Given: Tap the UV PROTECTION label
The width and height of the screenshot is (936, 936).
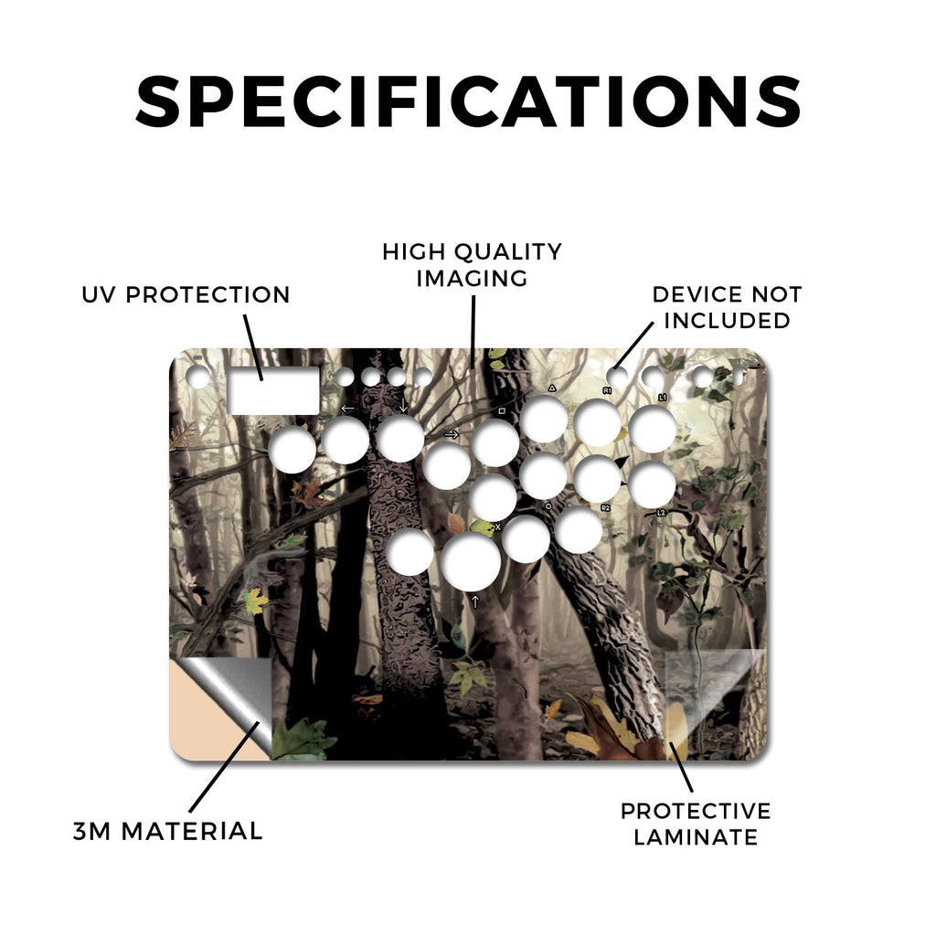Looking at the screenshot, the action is coord(186,295).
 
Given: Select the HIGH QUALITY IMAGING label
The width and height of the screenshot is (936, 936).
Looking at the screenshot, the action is coord(472,265).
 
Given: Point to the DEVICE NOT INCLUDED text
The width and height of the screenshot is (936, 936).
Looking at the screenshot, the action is coord(727,307).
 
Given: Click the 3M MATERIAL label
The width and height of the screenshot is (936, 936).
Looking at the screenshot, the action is coord(167,831).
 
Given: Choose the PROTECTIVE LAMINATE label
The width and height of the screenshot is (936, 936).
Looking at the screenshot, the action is coord(696,824).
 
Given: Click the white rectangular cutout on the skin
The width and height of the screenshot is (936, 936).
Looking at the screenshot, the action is coord(273,391).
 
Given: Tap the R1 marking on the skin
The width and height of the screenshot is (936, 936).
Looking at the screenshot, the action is coord(607,390).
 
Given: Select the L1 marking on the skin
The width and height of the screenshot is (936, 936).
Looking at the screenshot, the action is coord(662,397).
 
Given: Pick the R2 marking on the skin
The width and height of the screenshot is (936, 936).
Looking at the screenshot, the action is coord(605,508).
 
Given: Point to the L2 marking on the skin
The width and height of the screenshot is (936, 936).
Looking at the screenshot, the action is coord(661,513).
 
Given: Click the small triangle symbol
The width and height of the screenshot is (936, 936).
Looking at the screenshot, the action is coord(552,388).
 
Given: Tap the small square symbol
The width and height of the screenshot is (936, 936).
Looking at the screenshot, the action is coord(502,411).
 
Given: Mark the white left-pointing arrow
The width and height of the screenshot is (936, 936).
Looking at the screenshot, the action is coord(347,409).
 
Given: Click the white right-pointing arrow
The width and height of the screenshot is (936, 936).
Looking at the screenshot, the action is coord(452,434).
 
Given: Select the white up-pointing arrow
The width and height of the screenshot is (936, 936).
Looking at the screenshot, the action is coord(475,601).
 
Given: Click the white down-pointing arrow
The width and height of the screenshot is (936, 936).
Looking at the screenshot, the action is coord(403,405).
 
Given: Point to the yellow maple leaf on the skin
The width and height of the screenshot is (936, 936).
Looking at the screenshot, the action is coord(256,601).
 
